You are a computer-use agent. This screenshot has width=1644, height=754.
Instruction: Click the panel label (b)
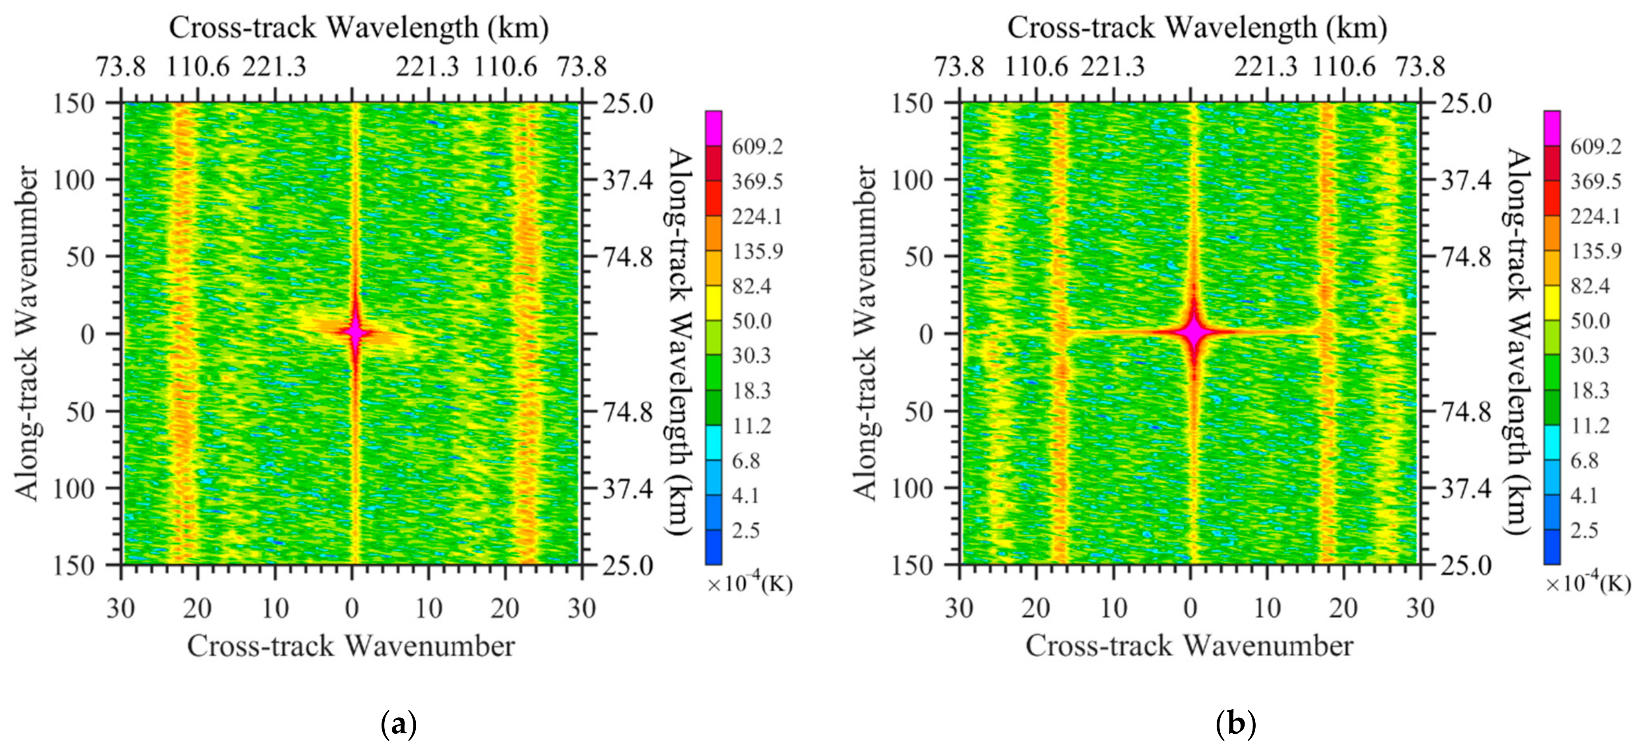coord(1236,725)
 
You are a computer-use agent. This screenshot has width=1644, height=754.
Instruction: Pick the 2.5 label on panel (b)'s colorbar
coord(1584,530)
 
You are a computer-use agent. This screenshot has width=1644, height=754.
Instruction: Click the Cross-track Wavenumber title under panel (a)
coord(351,646)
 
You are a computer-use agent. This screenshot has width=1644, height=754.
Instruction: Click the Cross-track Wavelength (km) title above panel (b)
coord(1197,28)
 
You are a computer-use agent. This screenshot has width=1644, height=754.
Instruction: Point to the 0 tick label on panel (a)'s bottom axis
coord(352,609)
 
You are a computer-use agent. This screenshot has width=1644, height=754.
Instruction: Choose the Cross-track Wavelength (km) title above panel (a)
coord(359,28)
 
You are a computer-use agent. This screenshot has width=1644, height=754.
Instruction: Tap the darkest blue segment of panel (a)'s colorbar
coord(714,547)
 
